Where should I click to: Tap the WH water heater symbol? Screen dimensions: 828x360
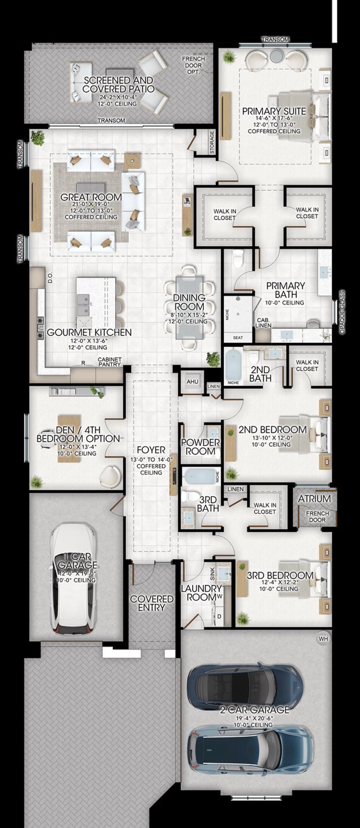pyautogui.click(x=323, y=639)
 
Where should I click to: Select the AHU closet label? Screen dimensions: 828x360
pyautogui.click(x=192, y=382)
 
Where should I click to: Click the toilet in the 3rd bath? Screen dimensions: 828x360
pyautogui.click(x=187, y=496)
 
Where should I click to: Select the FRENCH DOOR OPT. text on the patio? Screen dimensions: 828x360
pyautogui.click(x=193, y=65)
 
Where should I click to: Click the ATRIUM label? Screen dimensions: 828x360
pyautogui.click(x=314, y=499)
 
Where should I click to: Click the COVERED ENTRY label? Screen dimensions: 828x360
pyautogui.click(x=151, y=603)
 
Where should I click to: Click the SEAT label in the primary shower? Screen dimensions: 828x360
pyautogui.click(x=238, y=337)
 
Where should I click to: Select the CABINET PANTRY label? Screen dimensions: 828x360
pyautogui.click(x=110, y=362)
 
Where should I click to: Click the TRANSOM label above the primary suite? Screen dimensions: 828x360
pyautogui.click(x=275, y=39)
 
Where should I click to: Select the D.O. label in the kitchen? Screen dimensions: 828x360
pyautogui.click(x=50, y=278)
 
